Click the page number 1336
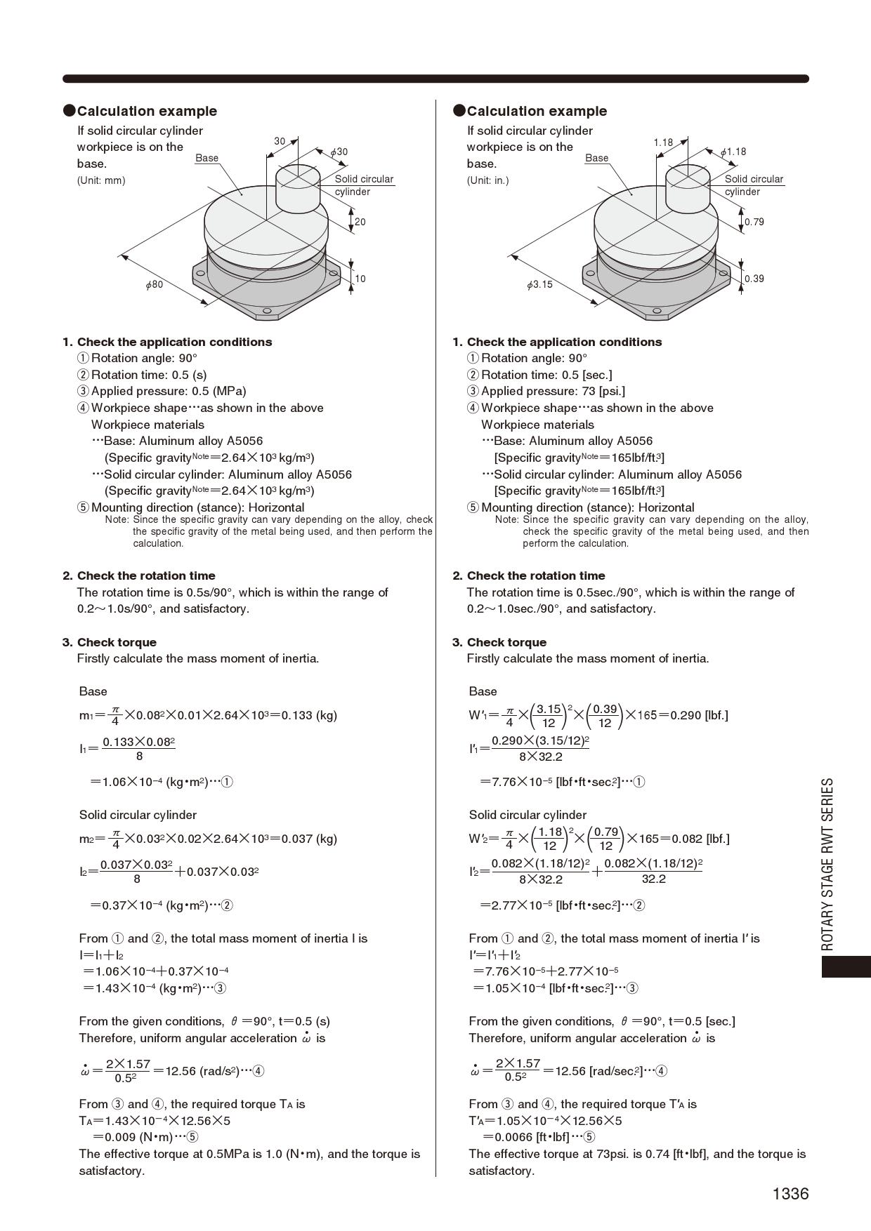(x=790, y=1194)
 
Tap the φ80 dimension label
(x=155, y=284)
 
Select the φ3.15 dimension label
(x=539, y=284)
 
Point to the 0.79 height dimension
(x=754, y=222)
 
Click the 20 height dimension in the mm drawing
(x=360, y=222)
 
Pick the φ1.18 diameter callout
(x=733, y=152)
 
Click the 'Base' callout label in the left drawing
(x=207, y=158)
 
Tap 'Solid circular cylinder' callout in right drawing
(x=754, y=185)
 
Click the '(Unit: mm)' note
(x=101, y=180)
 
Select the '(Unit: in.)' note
(x=487, y=180)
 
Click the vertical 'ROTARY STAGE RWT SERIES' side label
(x=828, y=863)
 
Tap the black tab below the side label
(x=846, y=966)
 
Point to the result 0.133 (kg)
(x=309, y=715)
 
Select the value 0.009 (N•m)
(x=133, y=1137)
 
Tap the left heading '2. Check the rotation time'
(x=139, y=575)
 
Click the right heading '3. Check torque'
(x=499, y=642)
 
